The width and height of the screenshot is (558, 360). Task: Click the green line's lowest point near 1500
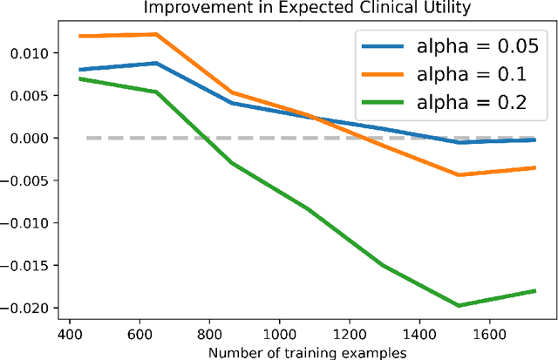[457, 305]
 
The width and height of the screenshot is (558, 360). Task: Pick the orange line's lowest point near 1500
[457, 175]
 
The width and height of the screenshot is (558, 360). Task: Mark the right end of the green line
[534, 291]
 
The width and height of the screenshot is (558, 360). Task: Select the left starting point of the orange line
[79, 37]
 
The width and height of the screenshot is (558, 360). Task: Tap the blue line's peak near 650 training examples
[155, 63]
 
